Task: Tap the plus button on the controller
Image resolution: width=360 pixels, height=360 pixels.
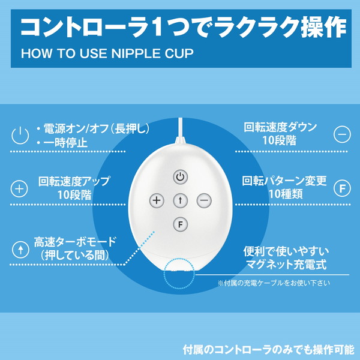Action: coord(157,200)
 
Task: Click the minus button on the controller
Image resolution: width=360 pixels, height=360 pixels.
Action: coord(204,200)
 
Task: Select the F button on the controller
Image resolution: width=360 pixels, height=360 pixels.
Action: coord(181,224)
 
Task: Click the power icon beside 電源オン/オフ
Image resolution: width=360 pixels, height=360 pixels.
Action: coord(20,136)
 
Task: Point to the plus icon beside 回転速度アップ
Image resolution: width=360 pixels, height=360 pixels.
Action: coord(19,189)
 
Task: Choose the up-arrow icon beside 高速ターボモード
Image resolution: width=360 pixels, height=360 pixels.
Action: coord(20,250)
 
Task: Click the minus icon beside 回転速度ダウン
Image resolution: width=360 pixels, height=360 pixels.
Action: coord(342,134)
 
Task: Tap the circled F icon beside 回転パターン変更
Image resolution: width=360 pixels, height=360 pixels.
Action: coord(342,188)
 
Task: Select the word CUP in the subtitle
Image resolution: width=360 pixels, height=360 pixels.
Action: coord(179,53)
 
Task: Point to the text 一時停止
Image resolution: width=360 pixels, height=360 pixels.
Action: coord(65,143)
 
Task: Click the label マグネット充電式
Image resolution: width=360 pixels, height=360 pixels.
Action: coord(286,265)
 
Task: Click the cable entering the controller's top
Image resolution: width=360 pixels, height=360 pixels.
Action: coord(181,128)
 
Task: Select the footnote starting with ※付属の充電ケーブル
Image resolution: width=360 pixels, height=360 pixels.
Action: coord(274,283)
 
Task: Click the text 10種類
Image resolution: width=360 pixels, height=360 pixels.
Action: coord(286,194)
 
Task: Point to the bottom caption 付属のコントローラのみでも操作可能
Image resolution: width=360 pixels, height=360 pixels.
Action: coord(269,350)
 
